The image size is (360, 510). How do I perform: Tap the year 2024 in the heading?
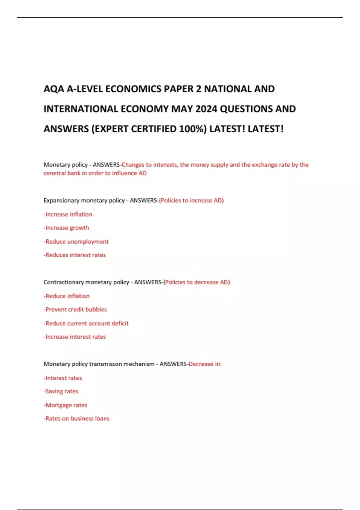click(x=206, y=109)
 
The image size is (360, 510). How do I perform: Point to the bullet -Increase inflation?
click(x=68, y=214)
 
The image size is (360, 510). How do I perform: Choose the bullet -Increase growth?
click(x=66, y=228)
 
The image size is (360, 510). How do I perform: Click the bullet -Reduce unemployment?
click(x=76, y=241)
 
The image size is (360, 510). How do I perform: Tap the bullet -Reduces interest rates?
click(x=75, y=255)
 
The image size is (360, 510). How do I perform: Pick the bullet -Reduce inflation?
click(x=67, y=296)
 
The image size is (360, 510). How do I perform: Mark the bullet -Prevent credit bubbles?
click(x=75, y=309)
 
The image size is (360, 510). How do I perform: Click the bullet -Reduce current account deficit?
click(x=86, y=323)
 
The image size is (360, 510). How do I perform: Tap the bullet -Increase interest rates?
click(x=75, y=337)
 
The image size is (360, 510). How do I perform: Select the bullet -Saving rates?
click(x=61, y=391)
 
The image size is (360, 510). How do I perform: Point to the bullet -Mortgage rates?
click(x=65, y=405)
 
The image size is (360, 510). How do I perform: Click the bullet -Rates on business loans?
click(x=76, y=418)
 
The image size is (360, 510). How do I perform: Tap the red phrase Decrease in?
click(x=205, y=364)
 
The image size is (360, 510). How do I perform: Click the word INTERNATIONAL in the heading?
click(x=81, y=109)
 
